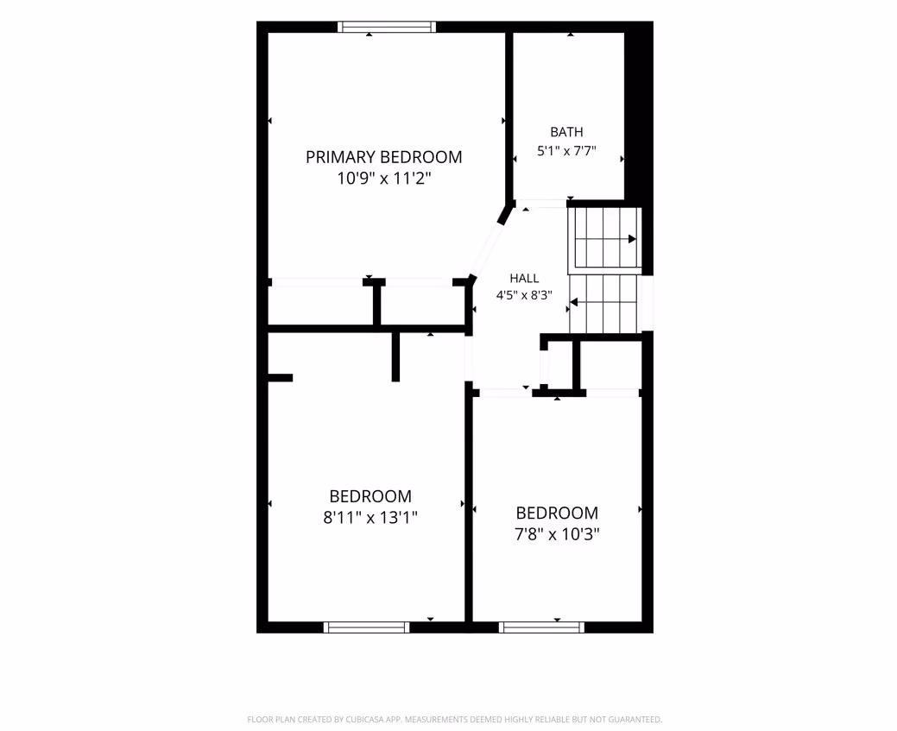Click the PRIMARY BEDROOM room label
coord(383,157)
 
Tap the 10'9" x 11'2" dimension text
coord(383,179)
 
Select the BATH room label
coord(566,132)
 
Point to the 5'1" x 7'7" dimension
coord(566,151)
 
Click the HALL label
coord(524,279)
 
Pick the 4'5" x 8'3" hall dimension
coord(524,295)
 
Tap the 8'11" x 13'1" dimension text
coord(370,518)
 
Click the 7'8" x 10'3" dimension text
coord(557,534)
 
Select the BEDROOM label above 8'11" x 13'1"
coord(370,496)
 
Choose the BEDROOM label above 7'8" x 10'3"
coord(557,513)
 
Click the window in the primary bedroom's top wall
coord(387,27)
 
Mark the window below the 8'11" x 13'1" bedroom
coord(367,627)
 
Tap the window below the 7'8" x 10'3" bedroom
coord(541,627)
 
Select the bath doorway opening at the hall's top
coord(541,204)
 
